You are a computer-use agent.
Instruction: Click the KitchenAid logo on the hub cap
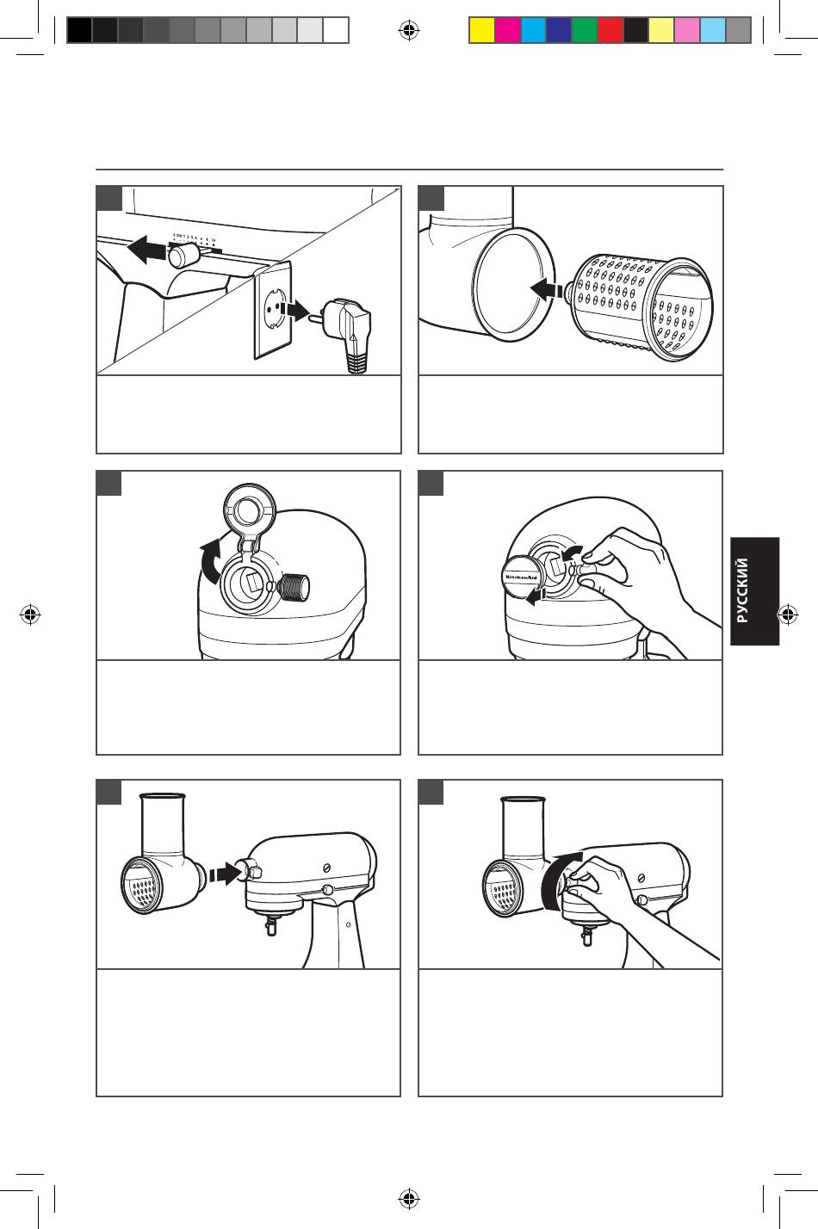point(521,577)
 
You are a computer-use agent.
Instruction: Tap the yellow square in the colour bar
point(481,31)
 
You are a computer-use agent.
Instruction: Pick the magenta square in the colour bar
point(507,31)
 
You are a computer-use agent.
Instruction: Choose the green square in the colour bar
point(585,31)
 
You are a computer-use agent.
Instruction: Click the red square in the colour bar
point(610,31)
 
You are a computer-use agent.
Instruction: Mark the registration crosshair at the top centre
point(408,31)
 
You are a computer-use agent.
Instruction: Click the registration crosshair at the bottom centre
point(408,1197)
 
